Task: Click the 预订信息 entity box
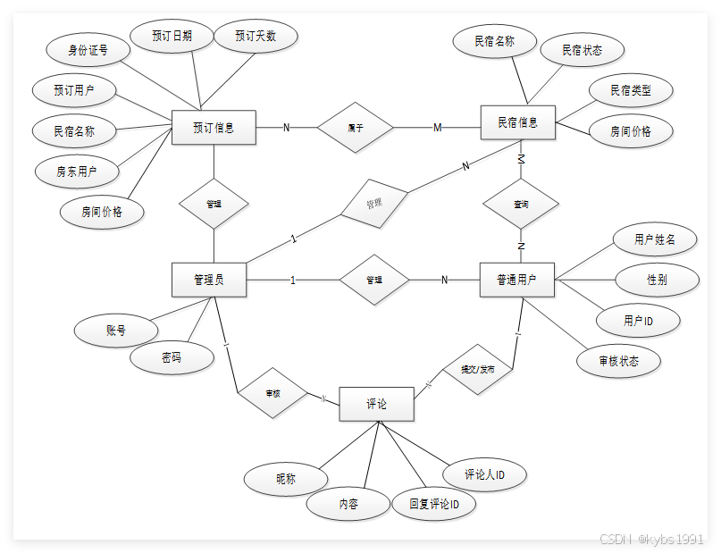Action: pyautogui.click(x=213, y=128)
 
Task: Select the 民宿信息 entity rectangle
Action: pyautogui.click(x=517, y=122)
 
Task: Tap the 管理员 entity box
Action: pyautogui.click(x=208, y=280)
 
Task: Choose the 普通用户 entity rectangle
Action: pyautogui.click(x=516, y=280)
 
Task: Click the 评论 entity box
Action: pyautogui.click(x=376, y=405)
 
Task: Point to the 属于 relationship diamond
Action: pyautogui.click(x=356, y=128)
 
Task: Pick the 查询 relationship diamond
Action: pyautogui.click(x=521, y=205)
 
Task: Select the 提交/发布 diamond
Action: pyautogui.click(x=477, y=369)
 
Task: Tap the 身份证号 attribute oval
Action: pyautogui.click(x=88, y=50)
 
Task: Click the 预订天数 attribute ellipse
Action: pyautogui.click(x=256, y=36)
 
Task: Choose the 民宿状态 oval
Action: pyautogui.click(x=582, y=49)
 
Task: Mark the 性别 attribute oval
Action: pyautogui.click(x=657, y=280)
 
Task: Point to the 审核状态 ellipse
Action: pyautogui.click(x=619, y=362)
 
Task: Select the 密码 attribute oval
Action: pyautogui.click(x=172, y=357)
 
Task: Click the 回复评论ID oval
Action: pyautogui.click(x=434, y=504)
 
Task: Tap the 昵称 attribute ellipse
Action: pyautogui.click(x=285, y=479)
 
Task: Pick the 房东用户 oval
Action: pyautogui.click(x=76, y=171)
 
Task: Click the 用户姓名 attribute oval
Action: pyautogui.click(x=654, y=239)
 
